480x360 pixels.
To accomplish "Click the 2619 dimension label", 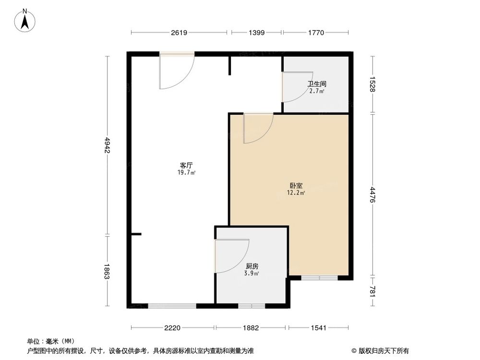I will (x=179, y=33).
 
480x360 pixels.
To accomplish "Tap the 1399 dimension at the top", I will (x=256, y=33).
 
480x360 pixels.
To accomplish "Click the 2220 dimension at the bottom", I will (x=172, y=328).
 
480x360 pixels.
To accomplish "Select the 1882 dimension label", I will (x=251, y=328).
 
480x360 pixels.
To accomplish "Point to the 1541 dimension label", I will (x=318, y=328).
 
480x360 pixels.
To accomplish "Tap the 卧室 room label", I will (x=296, y=185).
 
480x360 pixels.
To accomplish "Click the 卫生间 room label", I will (x=317, y=84).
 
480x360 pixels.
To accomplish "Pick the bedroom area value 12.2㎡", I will (x=296, y=193).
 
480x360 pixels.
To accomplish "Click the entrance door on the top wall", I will (x=177, y=72).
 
